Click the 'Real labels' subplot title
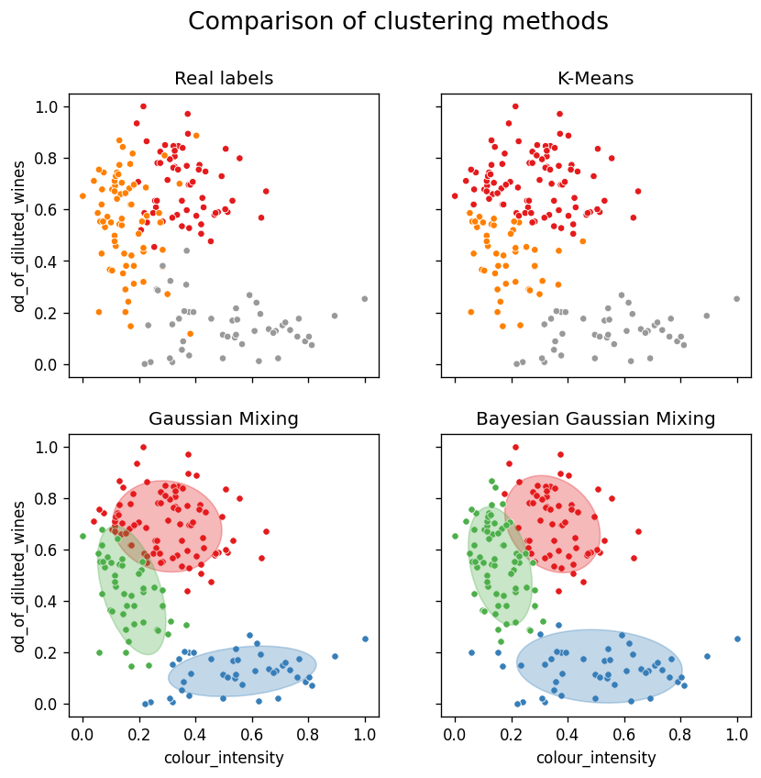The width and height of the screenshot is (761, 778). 224,79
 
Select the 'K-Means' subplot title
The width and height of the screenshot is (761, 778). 595,79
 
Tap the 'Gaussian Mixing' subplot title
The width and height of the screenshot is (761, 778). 224,419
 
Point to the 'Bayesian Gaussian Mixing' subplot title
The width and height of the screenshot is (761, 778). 595,419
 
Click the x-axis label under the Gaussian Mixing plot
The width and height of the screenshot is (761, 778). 224,758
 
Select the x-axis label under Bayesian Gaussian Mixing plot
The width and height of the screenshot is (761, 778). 596,758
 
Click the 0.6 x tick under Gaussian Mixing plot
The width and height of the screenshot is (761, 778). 252,735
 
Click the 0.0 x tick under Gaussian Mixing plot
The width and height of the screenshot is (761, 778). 83,735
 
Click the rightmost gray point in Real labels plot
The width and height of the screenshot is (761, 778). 364,298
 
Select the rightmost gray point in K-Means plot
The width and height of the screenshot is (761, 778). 736,298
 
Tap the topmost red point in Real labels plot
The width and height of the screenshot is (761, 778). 143,106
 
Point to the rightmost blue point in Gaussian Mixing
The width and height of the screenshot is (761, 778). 364,639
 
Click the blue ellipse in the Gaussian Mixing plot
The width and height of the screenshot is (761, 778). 242,672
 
